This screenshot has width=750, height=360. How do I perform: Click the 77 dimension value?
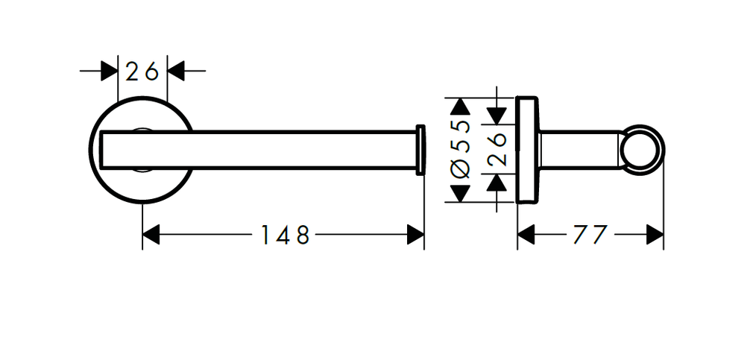pyautogui.click(x=590, y=235)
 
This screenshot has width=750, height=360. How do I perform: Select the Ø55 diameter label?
pyautogui.click(x=460, y=149)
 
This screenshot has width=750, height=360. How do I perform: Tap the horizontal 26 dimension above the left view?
pyautogui.click(x=142, y=72)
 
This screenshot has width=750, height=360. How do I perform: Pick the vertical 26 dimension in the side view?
pyautogui.click(x=497, y=149)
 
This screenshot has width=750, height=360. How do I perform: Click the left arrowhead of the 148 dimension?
pyautogui.click(x=151, y=235)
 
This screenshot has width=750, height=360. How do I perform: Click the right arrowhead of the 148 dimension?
pyautogui.click(x=416, y=235)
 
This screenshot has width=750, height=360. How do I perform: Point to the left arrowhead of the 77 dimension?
pyautogui.click(x=526, y=235)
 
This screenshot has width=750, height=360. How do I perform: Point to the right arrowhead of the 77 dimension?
pyautogui.click(x=655, y=235)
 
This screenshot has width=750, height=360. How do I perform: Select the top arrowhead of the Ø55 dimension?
pyautogui.click(x=460, y=106)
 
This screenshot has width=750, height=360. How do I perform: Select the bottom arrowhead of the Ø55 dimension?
pyautogui.click(x=460, y=193)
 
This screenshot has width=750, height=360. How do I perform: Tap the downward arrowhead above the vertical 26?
pyautogui.click(x=497, y=116)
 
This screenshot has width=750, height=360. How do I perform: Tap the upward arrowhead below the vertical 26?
pyautogui.click(x=497, y=183)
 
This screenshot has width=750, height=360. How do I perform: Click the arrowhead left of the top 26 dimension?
pyautogui.click(x=109, y=72)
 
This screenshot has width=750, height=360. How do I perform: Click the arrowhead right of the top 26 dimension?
pyautogui.click(x=175, y=72)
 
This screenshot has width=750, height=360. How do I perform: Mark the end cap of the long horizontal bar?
pyautogui.click(x=420, y=150)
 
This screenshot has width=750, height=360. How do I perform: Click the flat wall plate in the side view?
pyautogui.click(x=528, y=150)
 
